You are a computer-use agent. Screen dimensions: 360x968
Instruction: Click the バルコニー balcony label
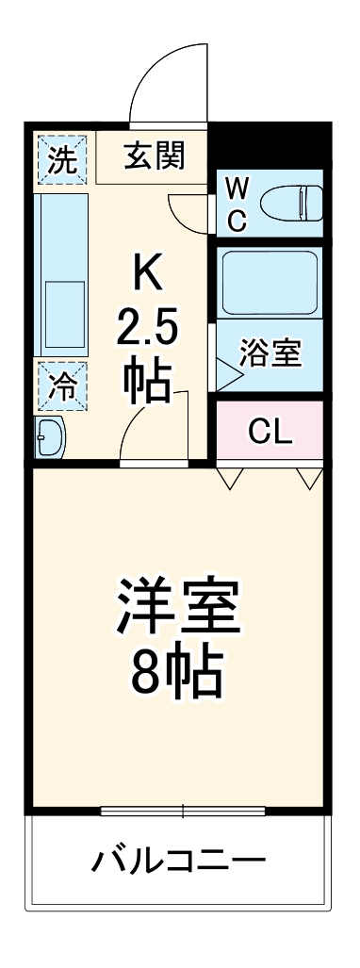point(179,861)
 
